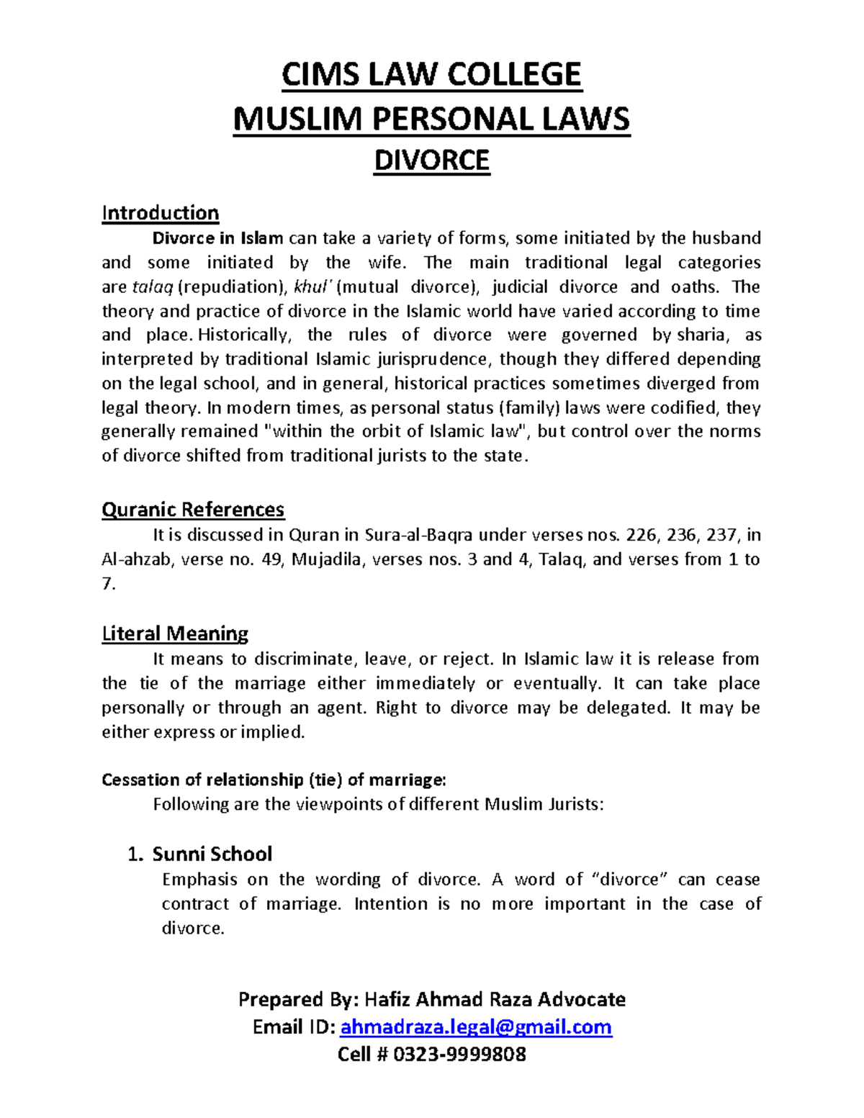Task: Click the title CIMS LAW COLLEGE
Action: tap(431, 75)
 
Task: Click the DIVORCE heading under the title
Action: tap(431, 160)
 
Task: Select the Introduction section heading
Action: tap(160, 213)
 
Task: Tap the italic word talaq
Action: tap(153, 287)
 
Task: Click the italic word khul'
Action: tap(313, 287)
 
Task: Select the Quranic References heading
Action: tap(193, 510)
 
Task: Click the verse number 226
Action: tap(642, 535)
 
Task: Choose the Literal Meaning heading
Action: tap(175, 634)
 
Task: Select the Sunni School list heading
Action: tap(212, 854)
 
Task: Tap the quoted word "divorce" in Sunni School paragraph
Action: tap(632, 879)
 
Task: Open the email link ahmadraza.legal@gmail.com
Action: tap(476, 1027)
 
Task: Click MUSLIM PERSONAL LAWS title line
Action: tap(431, 119)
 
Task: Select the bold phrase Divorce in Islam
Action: tap(217, 238)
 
